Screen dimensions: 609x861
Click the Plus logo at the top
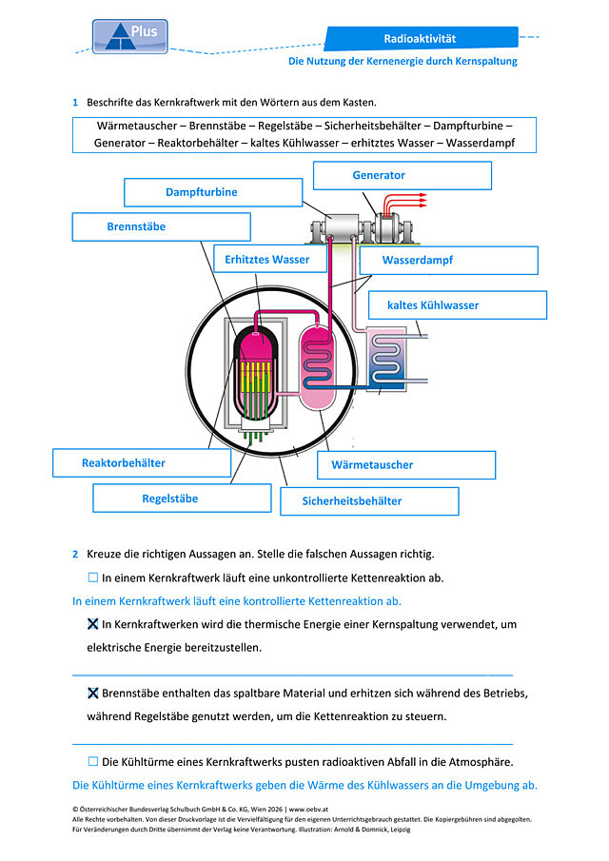[x=129, y=37]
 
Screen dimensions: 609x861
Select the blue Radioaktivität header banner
[x=421, y=38]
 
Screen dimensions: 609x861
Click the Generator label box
[x=402, y=176]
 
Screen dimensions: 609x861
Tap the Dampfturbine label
[x=213, y=193]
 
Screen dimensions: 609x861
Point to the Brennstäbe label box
[x=162, y=226]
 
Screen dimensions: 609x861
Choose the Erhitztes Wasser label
[x=270, y=259]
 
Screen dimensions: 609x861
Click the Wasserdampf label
[x=448, y=261]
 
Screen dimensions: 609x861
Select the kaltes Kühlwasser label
[x=458, y=305]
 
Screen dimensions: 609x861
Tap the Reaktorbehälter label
[x=142, y=463]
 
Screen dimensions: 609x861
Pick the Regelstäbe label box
[x=182, y=499]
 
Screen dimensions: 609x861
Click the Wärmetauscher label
[x=406, y=465]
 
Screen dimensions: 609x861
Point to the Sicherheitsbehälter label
[x=369, y=500]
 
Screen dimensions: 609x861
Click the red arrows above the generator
[x=405, y=204]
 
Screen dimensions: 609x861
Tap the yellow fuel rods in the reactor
[x=257, y=377]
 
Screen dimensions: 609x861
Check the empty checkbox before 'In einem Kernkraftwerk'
[x=93, y=577]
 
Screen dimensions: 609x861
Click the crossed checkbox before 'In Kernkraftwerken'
[x=93, y=624]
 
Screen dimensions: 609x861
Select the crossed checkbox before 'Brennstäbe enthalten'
[x=93, y=693]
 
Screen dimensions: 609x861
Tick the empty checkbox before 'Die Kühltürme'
[x=93, y=762]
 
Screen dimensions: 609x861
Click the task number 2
[x=75, y=554]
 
